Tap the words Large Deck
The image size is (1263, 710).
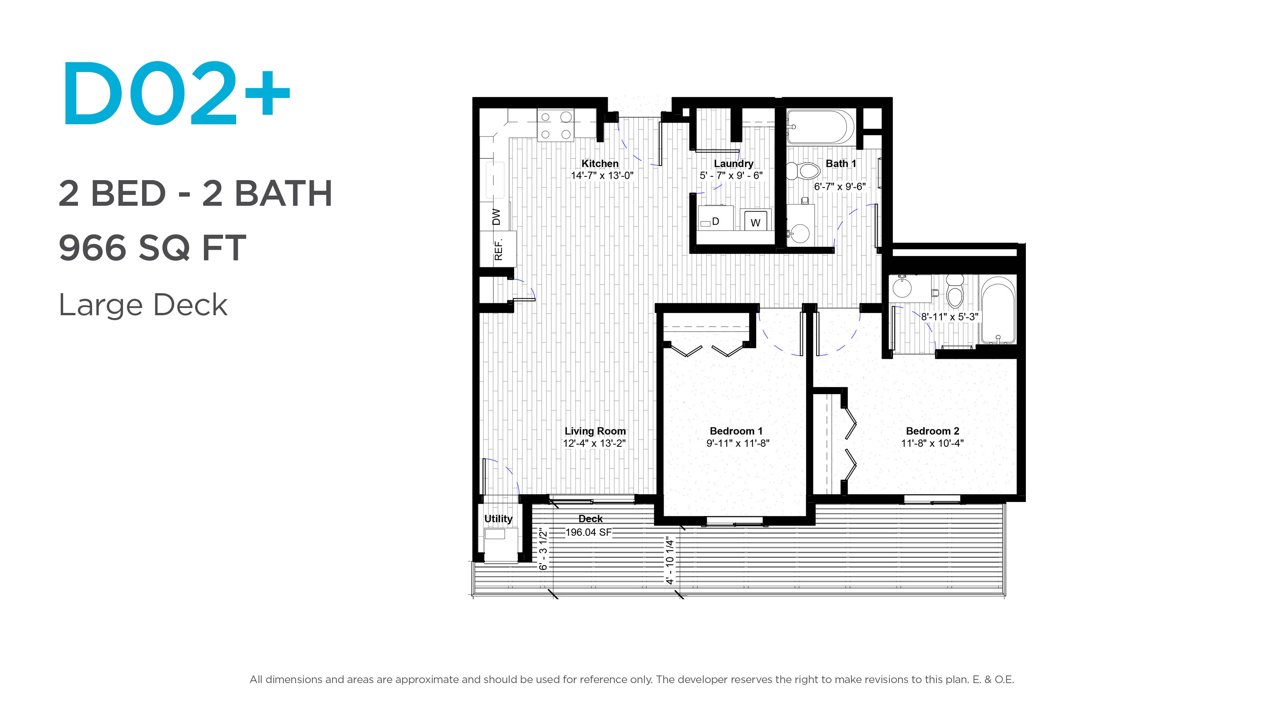pyautogui.click(x=143, y=305)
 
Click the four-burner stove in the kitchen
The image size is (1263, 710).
pyautogui.click(x=556, y=126)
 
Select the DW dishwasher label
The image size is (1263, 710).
pyautogui.click(x=496, y=217)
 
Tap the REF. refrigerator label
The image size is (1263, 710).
pyautogui.click(x=498, y=249)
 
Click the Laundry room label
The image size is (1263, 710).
pyautogui.click(x=733, y=163)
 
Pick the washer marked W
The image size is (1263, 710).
pyautogui.click(x=755, y=220)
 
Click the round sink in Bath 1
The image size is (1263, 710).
pyautogui.click(x=800, y=233)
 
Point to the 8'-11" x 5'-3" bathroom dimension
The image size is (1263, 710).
pyautogui.click(x=949, y=317)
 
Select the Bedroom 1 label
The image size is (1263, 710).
pyautogui.click(x=736, y=431)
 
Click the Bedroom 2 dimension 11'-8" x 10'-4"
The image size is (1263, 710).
pyautogui.click(x=932, y=443)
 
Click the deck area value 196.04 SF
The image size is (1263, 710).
pyautogui.click(x=588, y=532)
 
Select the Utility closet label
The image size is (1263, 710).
pyautogui.click(x=498, y=518)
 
